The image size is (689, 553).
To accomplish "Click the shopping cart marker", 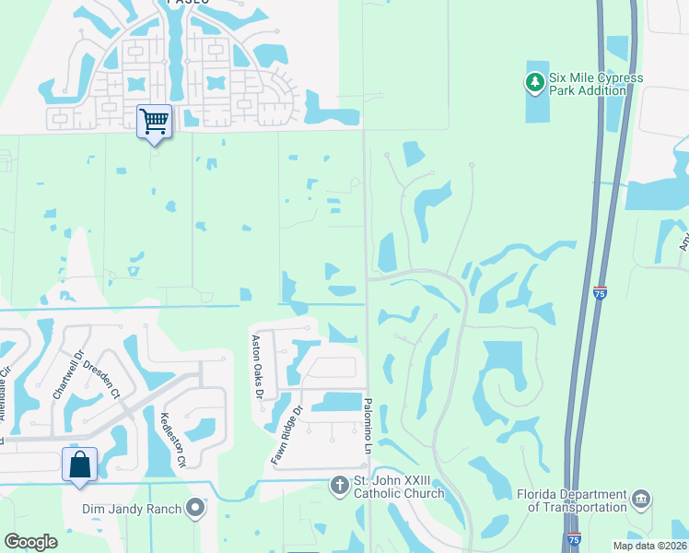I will [154, 121].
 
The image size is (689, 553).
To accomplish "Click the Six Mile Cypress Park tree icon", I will [534, 83].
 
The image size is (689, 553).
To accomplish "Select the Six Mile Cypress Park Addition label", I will [595, 84].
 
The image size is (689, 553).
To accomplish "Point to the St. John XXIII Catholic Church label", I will [400, 488].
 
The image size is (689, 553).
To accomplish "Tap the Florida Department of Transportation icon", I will [642, 500].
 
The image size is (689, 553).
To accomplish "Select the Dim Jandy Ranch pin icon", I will [194, 507].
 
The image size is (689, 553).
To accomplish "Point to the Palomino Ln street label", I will [368, 423].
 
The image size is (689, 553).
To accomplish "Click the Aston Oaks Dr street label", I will [259, 366].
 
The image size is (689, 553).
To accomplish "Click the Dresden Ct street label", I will [102, 376].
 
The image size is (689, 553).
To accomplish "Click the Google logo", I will [31, 542].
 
